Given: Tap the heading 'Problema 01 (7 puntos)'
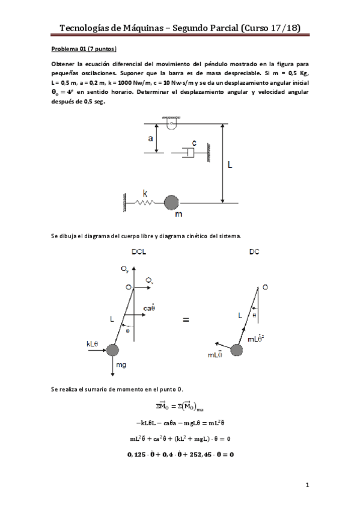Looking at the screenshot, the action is pos(84,48).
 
